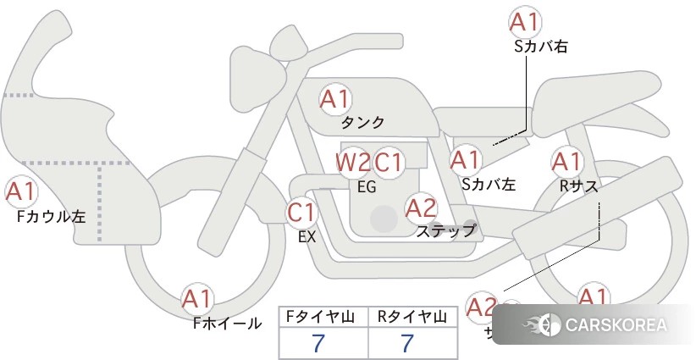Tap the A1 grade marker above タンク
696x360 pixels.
pos(334,99)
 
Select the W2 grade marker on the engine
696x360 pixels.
pos(353,162)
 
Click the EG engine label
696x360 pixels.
pos(367,187)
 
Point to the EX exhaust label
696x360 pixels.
pos(307,236)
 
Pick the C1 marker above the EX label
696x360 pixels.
pos(301,212)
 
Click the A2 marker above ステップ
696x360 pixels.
pos(421,207)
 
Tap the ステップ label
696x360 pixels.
pos(446,230)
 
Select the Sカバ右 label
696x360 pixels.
pos(540,47)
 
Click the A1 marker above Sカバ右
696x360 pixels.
pos(524,22)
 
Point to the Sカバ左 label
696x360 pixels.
pos(489,183)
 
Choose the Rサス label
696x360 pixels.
pos(579,184)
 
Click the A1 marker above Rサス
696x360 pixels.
pos(566,160)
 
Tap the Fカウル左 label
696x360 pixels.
pos(51,216)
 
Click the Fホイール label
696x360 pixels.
pos(227,324)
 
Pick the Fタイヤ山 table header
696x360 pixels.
pos(323,317)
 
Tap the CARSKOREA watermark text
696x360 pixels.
pos(616,325)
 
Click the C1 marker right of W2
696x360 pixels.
pos(390,162)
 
